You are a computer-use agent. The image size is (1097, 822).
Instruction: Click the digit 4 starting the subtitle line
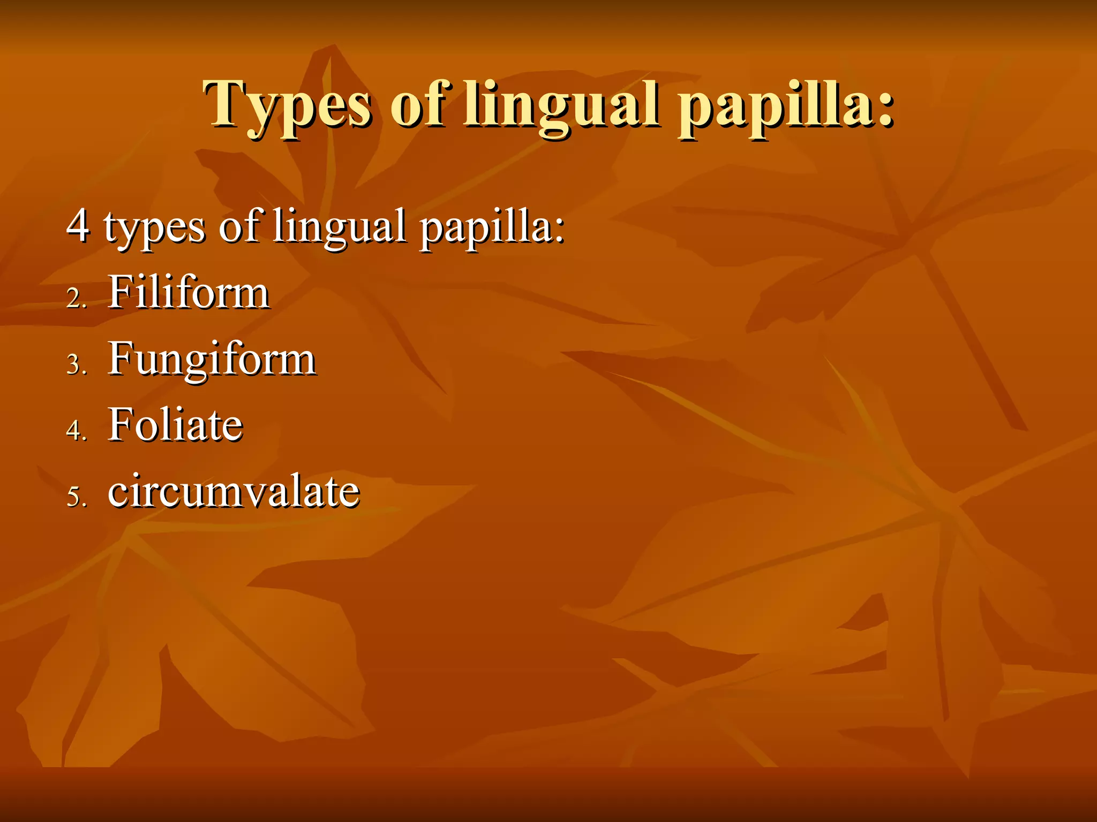(78, 225)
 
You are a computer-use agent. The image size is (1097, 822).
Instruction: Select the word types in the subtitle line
(155, 227)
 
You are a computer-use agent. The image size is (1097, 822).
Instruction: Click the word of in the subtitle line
(239, 225)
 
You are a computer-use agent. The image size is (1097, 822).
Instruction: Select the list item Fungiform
(212, 360)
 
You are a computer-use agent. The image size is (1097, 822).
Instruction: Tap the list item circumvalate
(234, 491)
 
